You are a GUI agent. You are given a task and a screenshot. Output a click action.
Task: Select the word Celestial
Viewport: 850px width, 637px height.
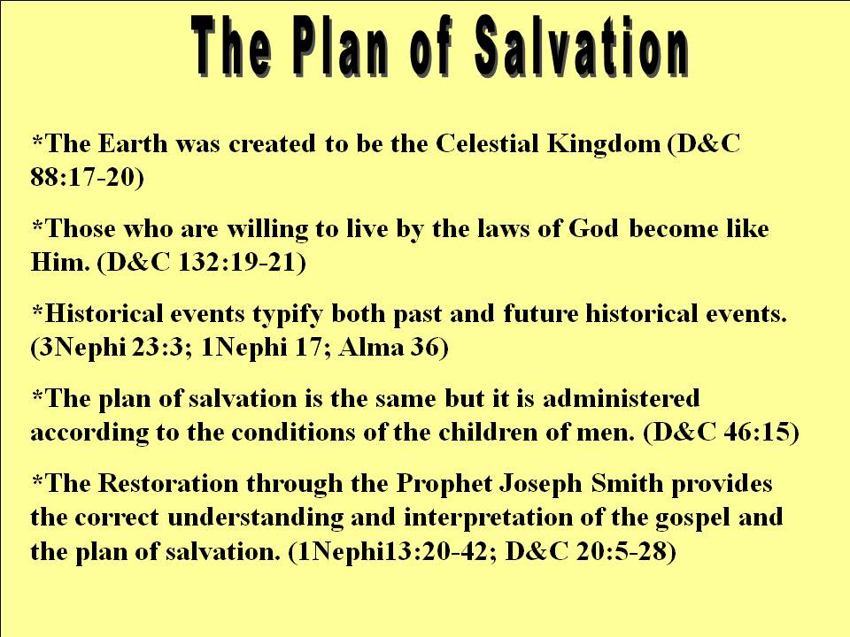[487, 143]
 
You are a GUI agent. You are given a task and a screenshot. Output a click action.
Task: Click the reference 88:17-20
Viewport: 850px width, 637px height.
[86, 178]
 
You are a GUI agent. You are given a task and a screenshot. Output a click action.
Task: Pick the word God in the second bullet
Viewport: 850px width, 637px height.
[592, 228]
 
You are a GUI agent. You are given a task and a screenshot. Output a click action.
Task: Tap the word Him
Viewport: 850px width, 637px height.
[59, 262]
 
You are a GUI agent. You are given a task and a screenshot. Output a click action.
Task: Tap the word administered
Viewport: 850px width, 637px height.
[621, 399]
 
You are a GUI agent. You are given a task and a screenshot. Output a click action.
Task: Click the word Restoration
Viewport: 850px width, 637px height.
[167, 484]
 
